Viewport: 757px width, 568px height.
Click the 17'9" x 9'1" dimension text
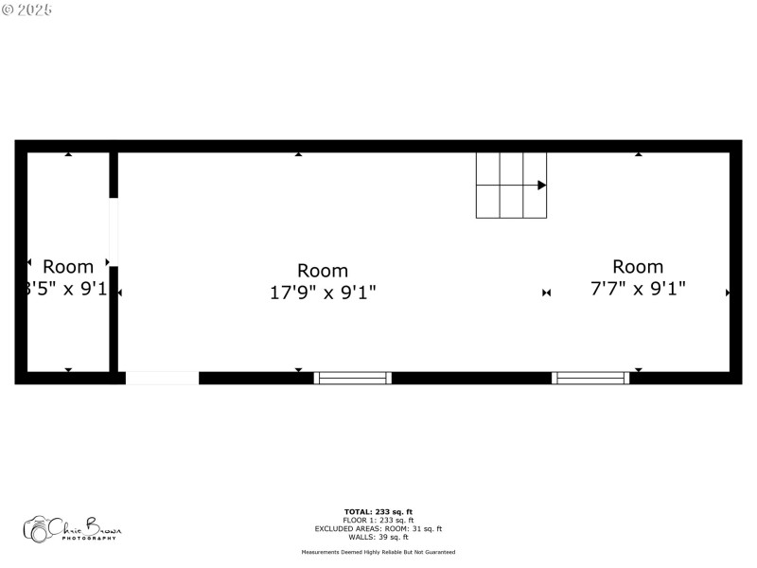click(x=323, y=293)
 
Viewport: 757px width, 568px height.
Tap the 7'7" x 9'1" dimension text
click(x=638, y=289)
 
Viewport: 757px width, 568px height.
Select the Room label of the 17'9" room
click(x=323, y=271)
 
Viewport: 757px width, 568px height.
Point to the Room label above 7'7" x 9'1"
click(x=638, y=266)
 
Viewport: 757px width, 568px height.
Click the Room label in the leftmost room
click(x=68, y=267)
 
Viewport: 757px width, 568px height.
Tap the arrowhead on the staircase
click(x=541, y=186)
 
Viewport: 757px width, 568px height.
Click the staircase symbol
click(x=511, y=186)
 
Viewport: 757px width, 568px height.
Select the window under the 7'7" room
click(x=590, y=378)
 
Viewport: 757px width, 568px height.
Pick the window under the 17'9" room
click(x=353, y=378)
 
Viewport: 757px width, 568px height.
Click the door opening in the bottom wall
click(x=162, y=378)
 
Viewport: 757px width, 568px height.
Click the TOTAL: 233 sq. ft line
click(x=378, y=511)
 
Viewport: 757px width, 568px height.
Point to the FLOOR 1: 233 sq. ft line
click(x=378, y=520)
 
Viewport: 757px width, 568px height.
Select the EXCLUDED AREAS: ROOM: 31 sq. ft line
click(x=378, y=528)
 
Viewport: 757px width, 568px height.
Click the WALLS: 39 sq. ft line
click(x=378, y=537)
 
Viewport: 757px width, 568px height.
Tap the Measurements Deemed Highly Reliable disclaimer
click(x=378, y=552)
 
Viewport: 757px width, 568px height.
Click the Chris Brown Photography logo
click(x=72, y=528)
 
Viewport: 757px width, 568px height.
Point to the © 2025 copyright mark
click(x=26, y=9)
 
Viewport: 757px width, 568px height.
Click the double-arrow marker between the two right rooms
click(x=546, y=293)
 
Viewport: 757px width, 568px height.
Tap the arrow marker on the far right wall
click(x=728, y=293)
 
